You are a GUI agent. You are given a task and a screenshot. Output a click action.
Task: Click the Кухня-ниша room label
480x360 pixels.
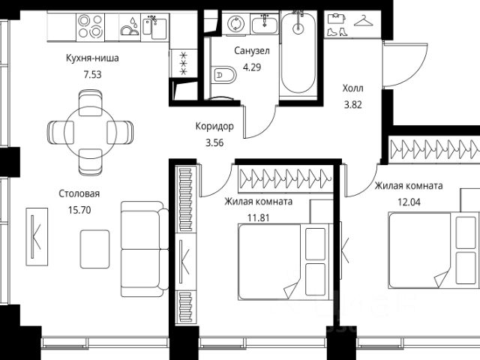[92, 58]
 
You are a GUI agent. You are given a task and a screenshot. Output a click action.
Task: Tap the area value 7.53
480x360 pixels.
[92, 74]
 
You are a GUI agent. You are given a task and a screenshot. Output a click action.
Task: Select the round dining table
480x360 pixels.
[90, 133]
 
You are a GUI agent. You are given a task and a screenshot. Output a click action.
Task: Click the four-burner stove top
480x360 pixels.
[90, 26]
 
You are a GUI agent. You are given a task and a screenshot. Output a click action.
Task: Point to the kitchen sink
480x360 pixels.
[155, 26]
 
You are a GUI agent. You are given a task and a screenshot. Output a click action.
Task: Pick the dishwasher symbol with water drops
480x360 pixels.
[130, 26]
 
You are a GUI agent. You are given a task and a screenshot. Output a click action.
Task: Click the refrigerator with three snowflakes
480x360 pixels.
[183, 63]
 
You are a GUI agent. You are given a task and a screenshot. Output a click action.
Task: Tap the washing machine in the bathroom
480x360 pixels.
[236, 24]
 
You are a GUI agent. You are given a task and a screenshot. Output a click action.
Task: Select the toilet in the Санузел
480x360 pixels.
[223, 75]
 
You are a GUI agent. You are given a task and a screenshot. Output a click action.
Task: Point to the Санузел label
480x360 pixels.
[252, 50]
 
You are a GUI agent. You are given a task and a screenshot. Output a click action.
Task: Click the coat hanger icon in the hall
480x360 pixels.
[364, 21]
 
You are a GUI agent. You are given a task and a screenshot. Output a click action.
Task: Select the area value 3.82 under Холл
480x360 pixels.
[353, 105]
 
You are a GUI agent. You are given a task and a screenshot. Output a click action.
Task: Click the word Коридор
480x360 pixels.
[214, 126]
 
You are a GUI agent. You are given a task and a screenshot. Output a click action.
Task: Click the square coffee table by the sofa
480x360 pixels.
[95, 249]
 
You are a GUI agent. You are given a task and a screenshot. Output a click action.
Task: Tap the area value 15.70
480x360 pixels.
[79, 210]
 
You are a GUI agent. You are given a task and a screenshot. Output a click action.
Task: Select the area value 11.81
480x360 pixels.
[258, 218]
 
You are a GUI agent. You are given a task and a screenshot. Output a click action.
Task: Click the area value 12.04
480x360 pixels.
[409, 202]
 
